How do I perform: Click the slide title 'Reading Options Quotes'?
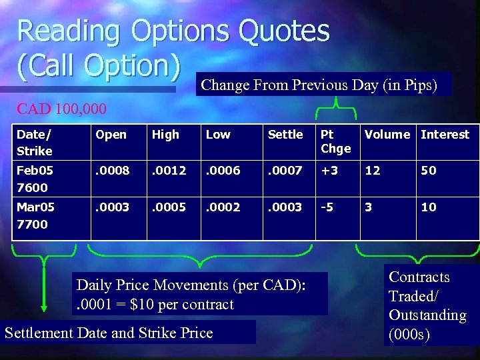point(173,31)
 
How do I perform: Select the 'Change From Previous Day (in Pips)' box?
point(319,85)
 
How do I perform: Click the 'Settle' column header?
point(285,135)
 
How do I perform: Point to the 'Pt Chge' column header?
point(335,141)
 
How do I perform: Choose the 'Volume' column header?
point(387,135)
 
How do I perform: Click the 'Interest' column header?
point(445,135)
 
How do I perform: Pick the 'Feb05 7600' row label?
point(36,179)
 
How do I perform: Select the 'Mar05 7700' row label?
point(36,215)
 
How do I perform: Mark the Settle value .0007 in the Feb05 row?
point(285,171)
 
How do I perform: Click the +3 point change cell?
point(330,171)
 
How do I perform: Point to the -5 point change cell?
point(327,207)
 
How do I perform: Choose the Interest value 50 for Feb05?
point(428,171)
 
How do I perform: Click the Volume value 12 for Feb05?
point(372,171)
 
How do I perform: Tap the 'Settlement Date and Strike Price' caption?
point(109,333)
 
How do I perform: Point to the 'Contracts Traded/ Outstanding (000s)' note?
point(427,306)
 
